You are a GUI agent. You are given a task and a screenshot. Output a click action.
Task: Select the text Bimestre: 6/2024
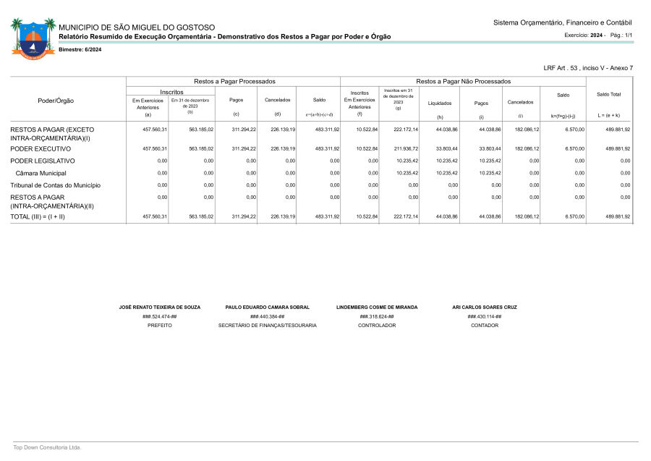coord(80,49)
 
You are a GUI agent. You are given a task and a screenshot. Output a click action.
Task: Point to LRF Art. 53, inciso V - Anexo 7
coord(587,67)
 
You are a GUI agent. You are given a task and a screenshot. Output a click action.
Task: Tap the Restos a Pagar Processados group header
coord(234,82)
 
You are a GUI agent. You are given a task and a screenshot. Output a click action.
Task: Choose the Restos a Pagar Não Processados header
coord(463,82)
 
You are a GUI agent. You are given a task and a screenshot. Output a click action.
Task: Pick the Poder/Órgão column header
coord(56,101)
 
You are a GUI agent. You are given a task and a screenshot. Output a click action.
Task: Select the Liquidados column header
coord(439,103)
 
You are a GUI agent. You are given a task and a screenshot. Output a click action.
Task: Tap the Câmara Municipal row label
coord(41,173)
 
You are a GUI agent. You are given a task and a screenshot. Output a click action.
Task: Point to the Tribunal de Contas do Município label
coord(55,185)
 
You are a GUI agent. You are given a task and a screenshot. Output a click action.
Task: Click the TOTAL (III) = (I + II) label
coord(37,216)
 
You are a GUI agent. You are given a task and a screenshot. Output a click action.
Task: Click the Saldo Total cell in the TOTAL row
coord(618,216)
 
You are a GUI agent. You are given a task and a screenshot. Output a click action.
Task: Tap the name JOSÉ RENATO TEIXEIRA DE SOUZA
coord(159,307)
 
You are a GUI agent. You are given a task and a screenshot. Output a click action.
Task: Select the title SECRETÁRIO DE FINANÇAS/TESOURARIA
coord(267,326)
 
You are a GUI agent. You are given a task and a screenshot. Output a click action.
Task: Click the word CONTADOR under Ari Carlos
coord(484,326)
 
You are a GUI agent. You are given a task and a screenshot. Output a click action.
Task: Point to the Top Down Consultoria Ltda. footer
coord(47,447)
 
